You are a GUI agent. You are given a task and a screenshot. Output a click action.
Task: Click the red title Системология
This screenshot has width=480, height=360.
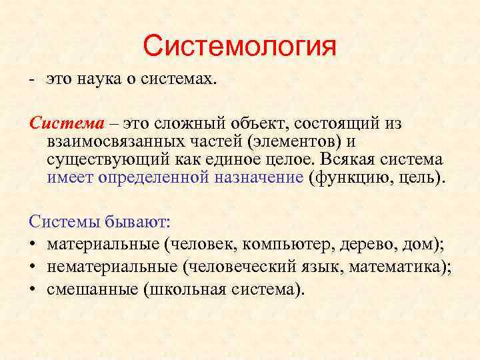[x=240, y=47]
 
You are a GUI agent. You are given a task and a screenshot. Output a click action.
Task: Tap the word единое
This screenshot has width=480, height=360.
[x=241, y=159]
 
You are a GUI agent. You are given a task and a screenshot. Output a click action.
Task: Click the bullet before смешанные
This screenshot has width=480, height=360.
[x=33, y=289]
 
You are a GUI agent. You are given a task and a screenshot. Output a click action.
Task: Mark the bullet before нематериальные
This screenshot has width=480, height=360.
[x=33, y=267]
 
